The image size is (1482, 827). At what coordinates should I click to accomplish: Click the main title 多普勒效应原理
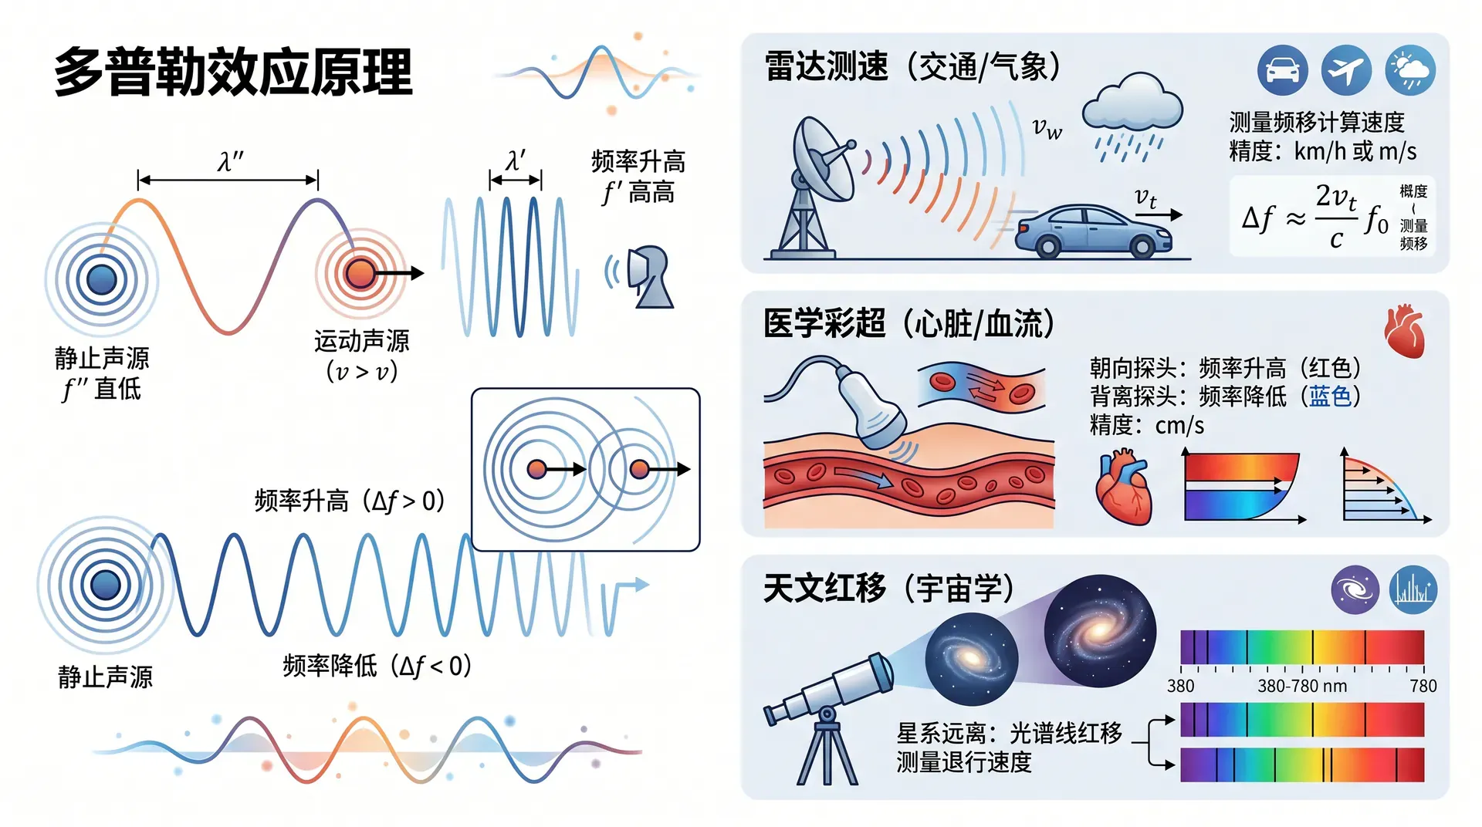coord(233,73)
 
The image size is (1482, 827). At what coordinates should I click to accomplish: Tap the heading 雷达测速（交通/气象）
coord(912,66)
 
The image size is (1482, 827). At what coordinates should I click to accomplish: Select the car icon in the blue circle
coord(1282,70)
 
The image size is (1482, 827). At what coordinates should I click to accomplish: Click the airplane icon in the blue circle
coord(1346,70)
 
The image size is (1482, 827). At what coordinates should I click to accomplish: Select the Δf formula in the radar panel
coord(1315,217)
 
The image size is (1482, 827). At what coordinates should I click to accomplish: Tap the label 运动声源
coord(361,340)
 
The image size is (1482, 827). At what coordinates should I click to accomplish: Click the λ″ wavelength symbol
coord(230,161)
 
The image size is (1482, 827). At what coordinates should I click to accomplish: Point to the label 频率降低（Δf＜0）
coord(377,665)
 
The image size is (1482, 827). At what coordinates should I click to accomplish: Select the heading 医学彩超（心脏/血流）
coord(909,323)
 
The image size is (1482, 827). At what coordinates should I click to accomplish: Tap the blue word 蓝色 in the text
coord(1330,397)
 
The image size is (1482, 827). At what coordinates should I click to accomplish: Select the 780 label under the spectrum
coord(1423,686)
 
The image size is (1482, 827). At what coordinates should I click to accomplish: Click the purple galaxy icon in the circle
coord(1355,590)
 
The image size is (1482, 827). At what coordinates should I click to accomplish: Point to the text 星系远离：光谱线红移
coord(1009,733)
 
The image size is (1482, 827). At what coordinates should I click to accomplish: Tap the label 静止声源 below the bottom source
coord(105,677)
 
